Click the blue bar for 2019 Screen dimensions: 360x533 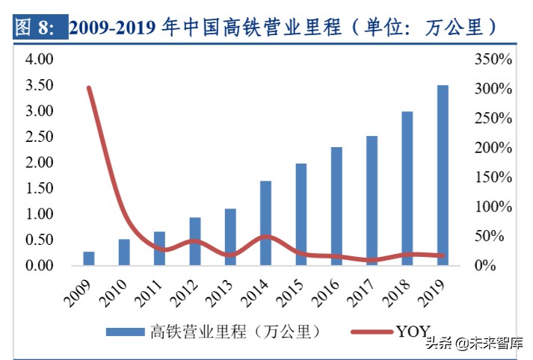(443, 176)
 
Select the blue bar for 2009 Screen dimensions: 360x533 (88, 258)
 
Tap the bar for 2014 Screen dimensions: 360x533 (265, 223)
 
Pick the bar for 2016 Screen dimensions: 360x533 (336, 206)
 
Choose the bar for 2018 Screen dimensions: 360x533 (407, 188)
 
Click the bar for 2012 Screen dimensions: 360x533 (194, 241)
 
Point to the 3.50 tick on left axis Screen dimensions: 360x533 (38, 85)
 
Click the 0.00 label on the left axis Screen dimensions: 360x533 (38, 266)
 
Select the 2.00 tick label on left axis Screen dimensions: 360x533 (38, 163)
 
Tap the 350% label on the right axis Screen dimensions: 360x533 (493, 60)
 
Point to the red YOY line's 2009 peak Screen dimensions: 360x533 (89, 88)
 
